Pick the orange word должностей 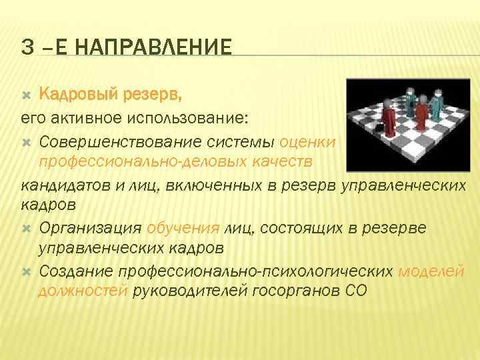(83, 291)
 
